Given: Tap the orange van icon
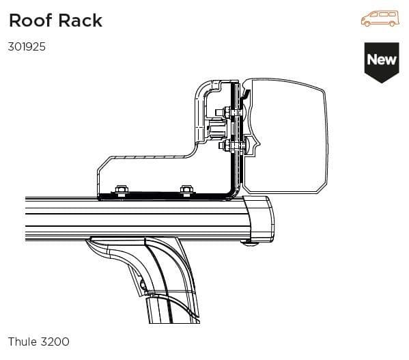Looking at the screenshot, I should pos(379,18).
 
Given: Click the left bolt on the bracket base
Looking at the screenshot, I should pos(122,190).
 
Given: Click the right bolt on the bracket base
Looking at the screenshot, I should pos(185,190).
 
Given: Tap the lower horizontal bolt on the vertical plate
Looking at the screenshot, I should pos(224,145).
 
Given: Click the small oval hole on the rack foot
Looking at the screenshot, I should pos(141,286).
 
